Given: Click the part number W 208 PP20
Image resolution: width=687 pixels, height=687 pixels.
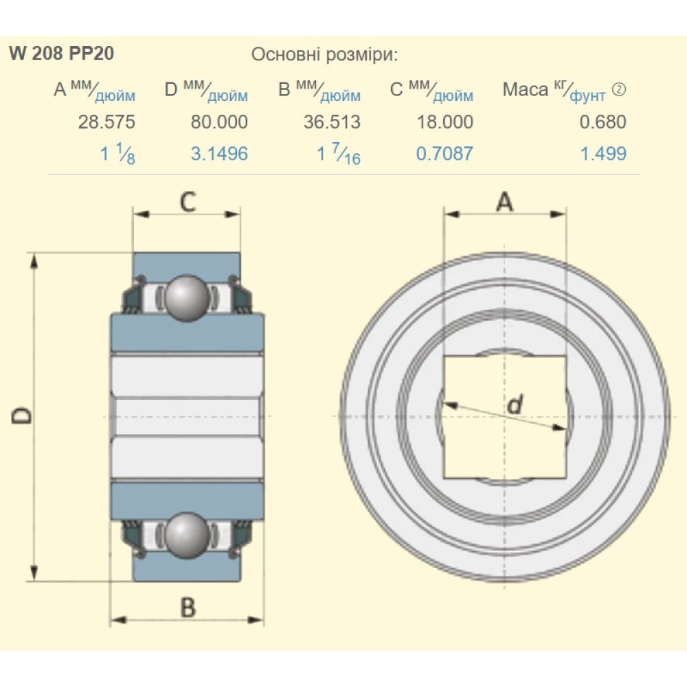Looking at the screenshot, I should (x=62, y=54).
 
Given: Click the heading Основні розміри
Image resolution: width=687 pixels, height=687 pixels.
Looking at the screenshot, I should (x=324, y=54).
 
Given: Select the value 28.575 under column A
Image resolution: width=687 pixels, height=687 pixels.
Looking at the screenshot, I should (x=106, y=122).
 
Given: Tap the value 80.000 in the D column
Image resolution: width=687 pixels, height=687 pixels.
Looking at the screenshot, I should (x=219, y=122).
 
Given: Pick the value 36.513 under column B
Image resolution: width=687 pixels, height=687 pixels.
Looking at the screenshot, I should (x=332, y=122).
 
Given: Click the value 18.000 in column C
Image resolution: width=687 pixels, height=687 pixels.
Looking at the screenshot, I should (x=444, y=122).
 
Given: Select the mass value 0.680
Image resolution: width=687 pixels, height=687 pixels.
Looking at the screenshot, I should (x=602, y=122).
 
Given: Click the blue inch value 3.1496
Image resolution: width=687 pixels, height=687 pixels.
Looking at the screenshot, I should (x=219, y=153).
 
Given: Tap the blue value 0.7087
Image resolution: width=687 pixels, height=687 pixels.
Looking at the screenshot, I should (x=444, y=153).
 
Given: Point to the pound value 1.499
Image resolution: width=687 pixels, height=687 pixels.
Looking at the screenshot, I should (x=603, y=153).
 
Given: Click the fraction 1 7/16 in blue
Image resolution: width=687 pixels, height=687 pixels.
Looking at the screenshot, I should (x=338, y=155).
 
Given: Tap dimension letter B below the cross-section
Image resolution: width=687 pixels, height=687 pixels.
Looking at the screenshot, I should (x=188, y=607).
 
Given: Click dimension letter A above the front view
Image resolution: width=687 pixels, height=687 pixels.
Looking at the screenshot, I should (x=505, y=202).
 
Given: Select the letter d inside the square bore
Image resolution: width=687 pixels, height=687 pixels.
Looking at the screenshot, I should (x=513, y=406).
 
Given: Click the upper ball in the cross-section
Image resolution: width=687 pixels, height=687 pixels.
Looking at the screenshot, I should (x=187, y=297).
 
